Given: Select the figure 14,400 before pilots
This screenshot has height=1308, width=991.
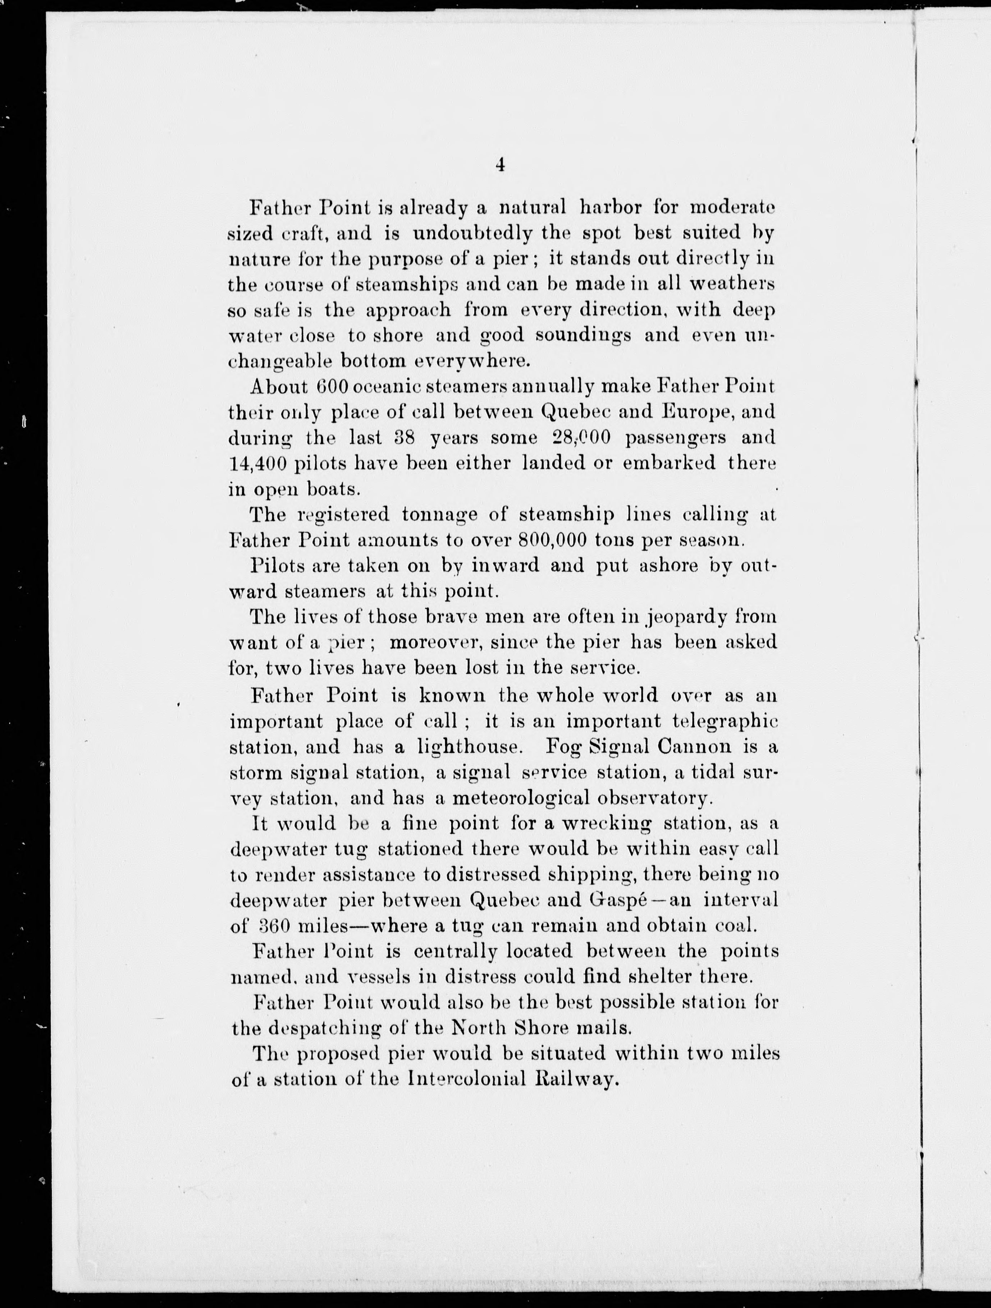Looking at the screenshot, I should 258,463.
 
